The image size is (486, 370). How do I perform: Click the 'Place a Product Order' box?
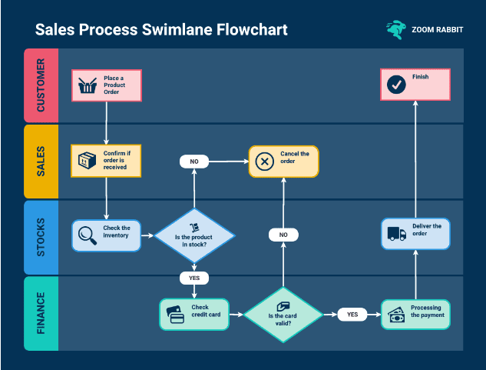pyautogui.click(x=106, y=85)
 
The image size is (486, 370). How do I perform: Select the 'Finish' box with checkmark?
pyautogui.click(x=415, y=84)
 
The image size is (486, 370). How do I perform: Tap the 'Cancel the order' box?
pyautogui.click(x=283, y=161)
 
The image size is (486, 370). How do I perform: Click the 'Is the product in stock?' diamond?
pyautogui.click(x=194, y=236)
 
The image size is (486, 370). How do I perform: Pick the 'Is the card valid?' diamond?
pyautogui.click(x=283, y=314)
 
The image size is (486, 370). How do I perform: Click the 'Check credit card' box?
pyautogui.click(x=194, y=314)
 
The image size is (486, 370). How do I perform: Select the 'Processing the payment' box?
pyautogui.click(x=415, y=314)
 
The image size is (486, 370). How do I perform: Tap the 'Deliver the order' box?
pyautogui.click(x=415, y=233)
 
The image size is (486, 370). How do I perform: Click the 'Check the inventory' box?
pyautogui.click(x=106, y=235)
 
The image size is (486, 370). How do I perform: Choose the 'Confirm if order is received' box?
pyautogui.click(x=106, y=161)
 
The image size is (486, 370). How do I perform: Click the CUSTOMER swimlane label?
pyautogui.click(x=41, y=85)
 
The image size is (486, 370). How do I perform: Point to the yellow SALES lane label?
pyautogui.click(x=41, y=161)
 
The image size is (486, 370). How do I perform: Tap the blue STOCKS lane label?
pyautogui.click(x=41, y=236)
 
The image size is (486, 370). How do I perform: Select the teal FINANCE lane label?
pyautogui.click(x=41, y=313)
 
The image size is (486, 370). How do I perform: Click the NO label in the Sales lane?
pyautogui.click(x=194, y=162)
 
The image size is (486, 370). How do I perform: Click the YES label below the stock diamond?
pyautogui.click(x=194, y=277)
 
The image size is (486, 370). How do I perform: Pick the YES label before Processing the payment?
pyautogui.click(x=352, y=314)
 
